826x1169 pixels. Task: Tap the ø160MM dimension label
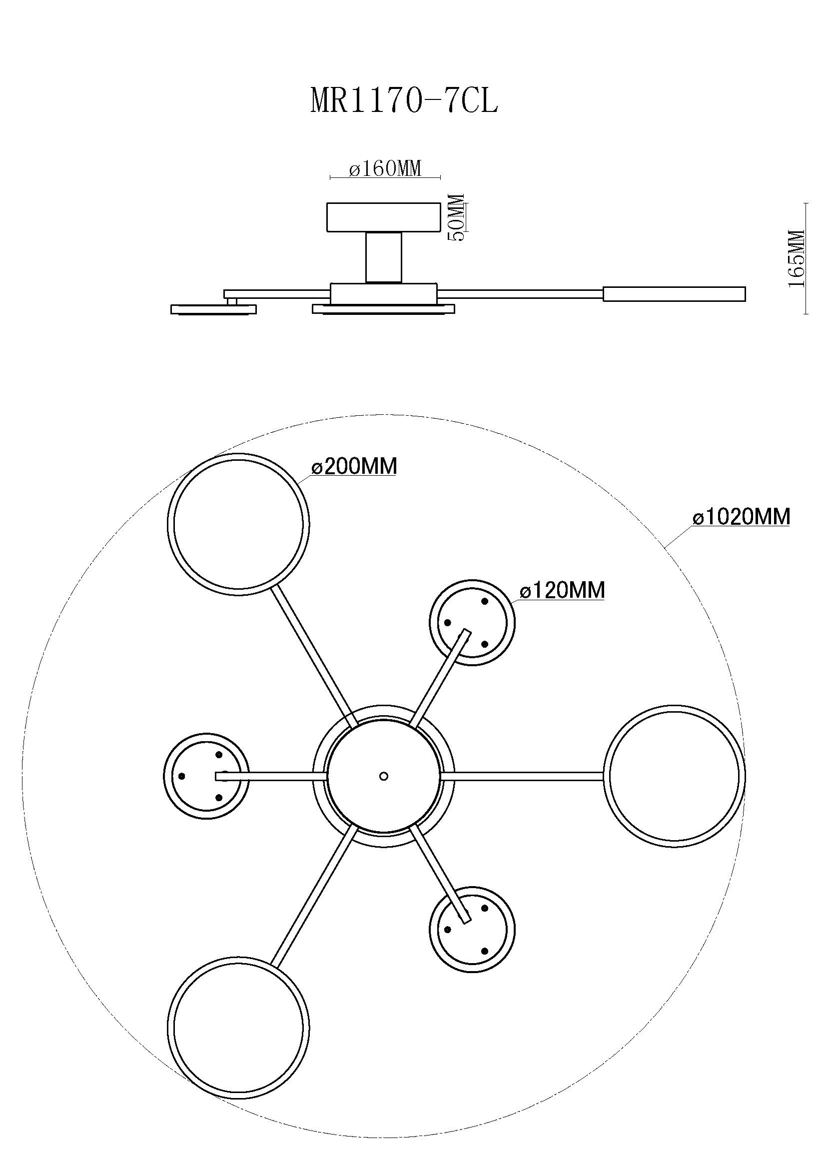click(x=385, y=168)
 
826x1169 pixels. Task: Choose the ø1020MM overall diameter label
click(x=742, y=517)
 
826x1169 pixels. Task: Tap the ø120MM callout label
click(x=562, y=590)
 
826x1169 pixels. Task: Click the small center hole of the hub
click(x=384, y=776)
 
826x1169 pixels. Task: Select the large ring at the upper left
click(x=238, y=523)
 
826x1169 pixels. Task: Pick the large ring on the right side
click(x=674, y=776)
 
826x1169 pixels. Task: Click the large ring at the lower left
click(x=238, y=1028)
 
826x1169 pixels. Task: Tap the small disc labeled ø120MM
click(x=472, y=622)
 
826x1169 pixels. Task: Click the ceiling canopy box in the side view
click(x=383, y=217)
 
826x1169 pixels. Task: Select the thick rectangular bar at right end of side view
click(x=674, y=294)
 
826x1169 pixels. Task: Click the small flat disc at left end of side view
click(x=213, y=309)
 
